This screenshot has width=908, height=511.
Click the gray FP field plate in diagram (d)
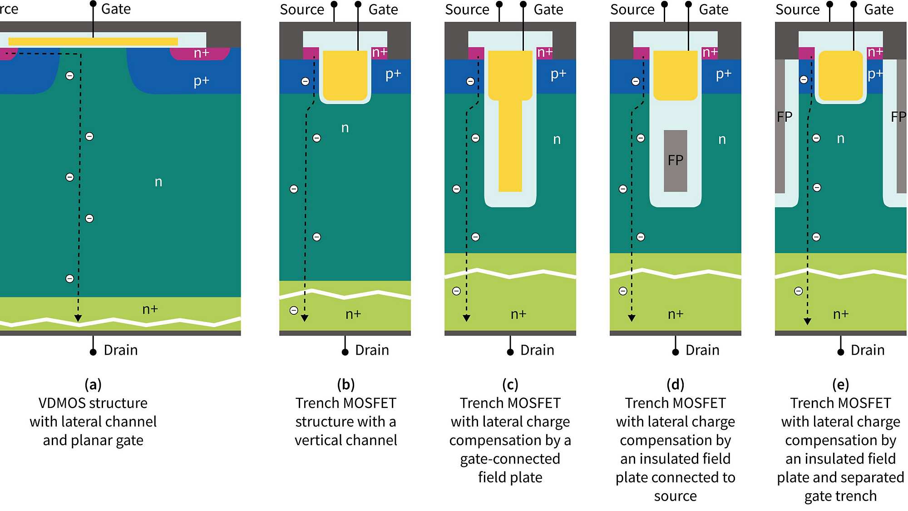(675, 161)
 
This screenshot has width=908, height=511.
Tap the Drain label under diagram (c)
(537, 350)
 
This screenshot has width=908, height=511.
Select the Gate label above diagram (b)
(383, 10)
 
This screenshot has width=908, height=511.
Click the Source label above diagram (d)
(632, 10)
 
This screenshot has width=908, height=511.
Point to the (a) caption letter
(93, 385)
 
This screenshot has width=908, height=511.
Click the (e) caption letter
(840, 385)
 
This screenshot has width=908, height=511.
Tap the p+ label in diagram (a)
(201, 81)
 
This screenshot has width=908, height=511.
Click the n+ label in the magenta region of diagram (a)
(201, 53)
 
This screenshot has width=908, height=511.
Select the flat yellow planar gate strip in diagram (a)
(93, 41)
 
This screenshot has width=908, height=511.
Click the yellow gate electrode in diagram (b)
(345, 75)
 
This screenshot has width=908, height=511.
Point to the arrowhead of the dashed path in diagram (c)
(466, 318)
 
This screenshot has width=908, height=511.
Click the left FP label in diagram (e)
(784, 117)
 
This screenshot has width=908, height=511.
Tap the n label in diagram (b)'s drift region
(345, 128)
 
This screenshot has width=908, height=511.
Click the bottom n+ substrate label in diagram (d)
(675, 314)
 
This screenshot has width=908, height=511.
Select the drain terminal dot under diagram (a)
(93, 352)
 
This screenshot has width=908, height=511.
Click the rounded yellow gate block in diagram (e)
(840, 75)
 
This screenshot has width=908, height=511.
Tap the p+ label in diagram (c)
(558, 74)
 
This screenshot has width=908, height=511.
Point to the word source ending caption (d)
(675, 496)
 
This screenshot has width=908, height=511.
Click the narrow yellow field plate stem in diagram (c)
(510, 145)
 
